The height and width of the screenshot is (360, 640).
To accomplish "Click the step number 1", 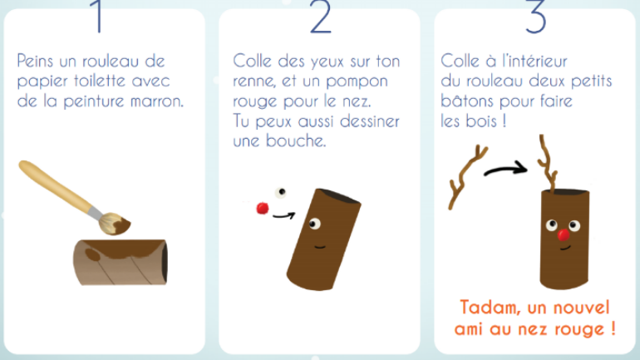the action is (97, 17).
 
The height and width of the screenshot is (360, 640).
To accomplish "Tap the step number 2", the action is (320, 17).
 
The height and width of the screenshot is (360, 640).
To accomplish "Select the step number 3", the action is (535, 17).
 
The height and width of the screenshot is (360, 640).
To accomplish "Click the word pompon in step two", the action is (357, 81).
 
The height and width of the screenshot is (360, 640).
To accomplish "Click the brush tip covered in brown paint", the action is (115, 224).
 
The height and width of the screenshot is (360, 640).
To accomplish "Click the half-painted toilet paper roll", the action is (120, 262).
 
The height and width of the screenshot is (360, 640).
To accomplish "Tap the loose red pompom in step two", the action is (263, 208).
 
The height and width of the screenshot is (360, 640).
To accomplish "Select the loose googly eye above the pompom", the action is (281, 192).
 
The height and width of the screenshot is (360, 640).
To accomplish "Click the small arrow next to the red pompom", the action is (283, 215).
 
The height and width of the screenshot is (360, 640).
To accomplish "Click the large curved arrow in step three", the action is (505, 169).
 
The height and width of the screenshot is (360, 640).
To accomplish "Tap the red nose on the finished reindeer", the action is (564, 234).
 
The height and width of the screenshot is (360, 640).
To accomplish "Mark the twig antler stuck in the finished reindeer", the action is (548, 163).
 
